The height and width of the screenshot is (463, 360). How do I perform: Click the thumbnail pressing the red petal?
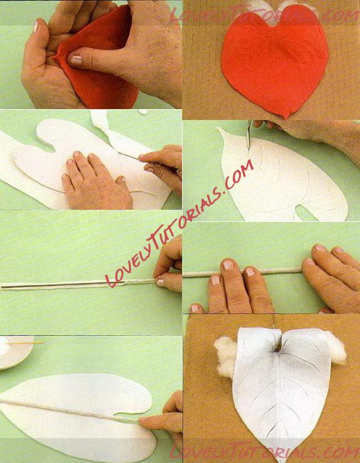[x=76, y=60]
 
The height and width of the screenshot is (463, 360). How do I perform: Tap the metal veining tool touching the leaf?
[x=249, y=135]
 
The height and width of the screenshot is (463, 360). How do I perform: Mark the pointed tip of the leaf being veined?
[x=219, y=128]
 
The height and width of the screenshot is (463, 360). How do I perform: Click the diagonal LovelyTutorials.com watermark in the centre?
[x=179, y=224]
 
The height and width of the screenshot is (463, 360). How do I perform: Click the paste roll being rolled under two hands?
[x=242, y=272]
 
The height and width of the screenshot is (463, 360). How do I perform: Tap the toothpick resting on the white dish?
[x=25, y=343]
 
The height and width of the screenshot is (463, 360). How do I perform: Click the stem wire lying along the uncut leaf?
[x=69, y=410]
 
